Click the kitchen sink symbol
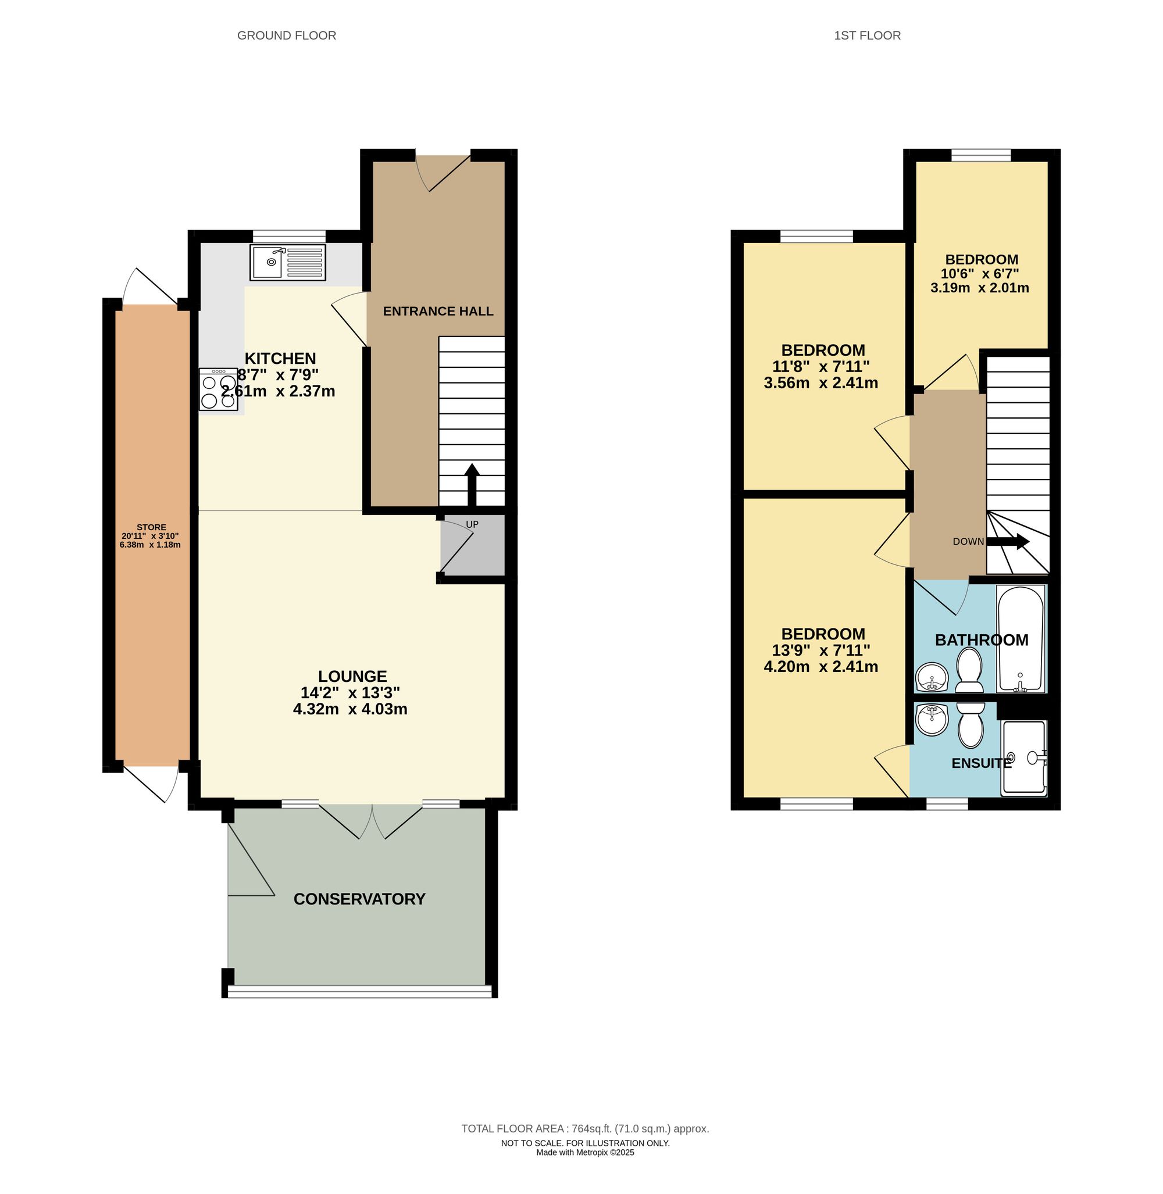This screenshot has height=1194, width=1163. (287, 263)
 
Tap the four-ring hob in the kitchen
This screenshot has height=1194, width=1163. (218, 389)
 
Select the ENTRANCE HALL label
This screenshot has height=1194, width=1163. (438, 312)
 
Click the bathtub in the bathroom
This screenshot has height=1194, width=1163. (1019, 638)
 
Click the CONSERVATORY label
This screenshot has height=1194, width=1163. (359, 899)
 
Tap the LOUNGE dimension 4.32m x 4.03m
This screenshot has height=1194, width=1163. (350, 709)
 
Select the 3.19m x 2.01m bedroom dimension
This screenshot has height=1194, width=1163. (979, 288)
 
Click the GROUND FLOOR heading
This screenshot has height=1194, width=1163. (287, 35)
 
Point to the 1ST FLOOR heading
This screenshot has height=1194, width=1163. (867, 35)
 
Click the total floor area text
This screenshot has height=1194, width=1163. (584, 1129)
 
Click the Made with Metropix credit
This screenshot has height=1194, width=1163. (584, 1153)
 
